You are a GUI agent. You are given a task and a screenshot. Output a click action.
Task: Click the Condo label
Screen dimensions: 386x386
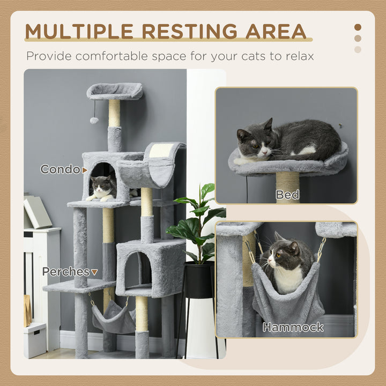[61, 170]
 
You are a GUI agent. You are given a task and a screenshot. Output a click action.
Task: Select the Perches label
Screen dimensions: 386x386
[66, 272]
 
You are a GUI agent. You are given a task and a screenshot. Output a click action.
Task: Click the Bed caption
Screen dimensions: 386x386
[287, 194]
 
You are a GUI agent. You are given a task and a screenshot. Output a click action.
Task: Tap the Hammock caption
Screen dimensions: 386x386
[293, 327]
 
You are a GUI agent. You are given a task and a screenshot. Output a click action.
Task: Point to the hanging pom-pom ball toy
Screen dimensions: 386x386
[94, 120]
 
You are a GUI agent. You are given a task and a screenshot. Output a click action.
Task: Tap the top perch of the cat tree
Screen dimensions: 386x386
[115, 91]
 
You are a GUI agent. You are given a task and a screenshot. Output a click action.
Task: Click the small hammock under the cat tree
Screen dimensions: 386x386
[114, 320]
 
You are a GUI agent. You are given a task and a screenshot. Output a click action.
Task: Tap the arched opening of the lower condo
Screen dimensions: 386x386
[137, 268]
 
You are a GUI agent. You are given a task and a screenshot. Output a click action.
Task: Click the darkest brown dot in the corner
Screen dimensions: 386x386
[358, 27]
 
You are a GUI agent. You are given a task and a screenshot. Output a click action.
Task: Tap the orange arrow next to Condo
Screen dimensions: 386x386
[84, 170]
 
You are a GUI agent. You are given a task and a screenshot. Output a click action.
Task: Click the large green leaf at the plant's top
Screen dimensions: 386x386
[207, 190]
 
